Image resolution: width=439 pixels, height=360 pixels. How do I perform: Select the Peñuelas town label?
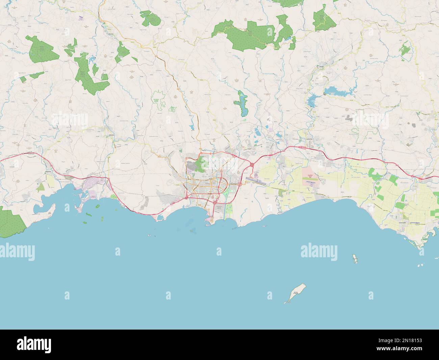pyautogui.click(x=107, y=135)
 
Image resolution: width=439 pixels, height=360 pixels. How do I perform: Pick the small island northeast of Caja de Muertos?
pyautogui.click(x=355, y=259)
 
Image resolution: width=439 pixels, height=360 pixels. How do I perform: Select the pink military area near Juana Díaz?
pyautogui.click(x=310, y=177)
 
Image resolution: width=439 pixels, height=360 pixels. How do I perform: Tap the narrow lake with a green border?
pyautogui.click(x=242, y=103)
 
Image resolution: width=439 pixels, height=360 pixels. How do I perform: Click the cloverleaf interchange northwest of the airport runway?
pyautogui.click(x=252, y=165)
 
